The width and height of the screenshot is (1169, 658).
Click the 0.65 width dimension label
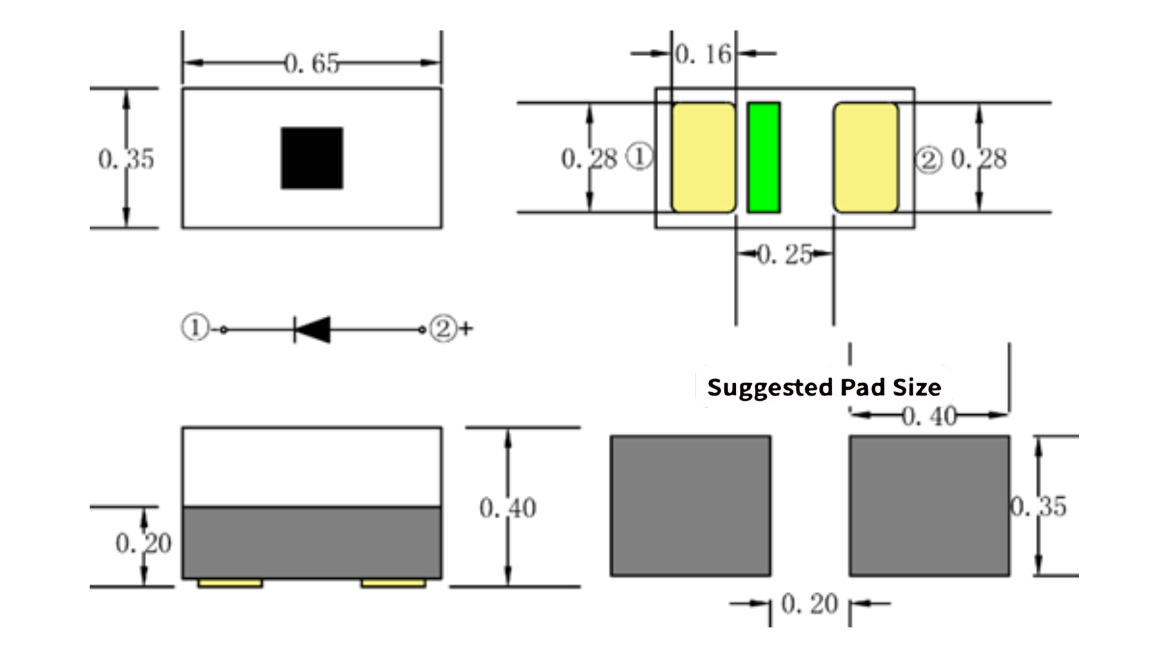(x=312, y=63)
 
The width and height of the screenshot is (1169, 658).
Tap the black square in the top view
(x=312, y=158)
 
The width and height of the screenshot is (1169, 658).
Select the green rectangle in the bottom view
(x=764, y=158)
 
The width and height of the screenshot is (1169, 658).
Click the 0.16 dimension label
(x=703, y=54)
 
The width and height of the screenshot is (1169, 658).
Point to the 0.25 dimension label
(x=785, y=254)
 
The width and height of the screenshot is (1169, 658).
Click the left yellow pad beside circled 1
(x=704, y=158)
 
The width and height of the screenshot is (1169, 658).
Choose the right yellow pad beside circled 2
(x=866, y=158)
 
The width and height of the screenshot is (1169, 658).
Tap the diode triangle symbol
(x=312, y=330)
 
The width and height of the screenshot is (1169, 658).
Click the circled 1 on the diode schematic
(x=195, y=328)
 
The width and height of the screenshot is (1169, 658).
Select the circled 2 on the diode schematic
(x=443, y=328)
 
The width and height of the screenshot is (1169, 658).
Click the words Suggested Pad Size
(x=824, y=387)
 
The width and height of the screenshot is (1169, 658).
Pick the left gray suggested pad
(x=690, y=506)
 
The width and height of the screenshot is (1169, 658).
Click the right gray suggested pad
(x=930, y=506)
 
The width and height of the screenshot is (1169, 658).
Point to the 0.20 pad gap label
(x=810, y=604)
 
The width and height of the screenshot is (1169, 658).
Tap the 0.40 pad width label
(x=929, y=417)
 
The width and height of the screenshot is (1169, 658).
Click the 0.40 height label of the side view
(x=508, y=508)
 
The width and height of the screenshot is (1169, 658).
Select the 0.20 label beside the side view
(x=144, y=543)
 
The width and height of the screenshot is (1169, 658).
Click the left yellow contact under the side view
(x=230, y=584)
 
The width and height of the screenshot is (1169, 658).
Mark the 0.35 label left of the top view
(x=126, y=159)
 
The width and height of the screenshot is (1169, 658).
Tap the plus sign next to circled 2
(x=466, y=329)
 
